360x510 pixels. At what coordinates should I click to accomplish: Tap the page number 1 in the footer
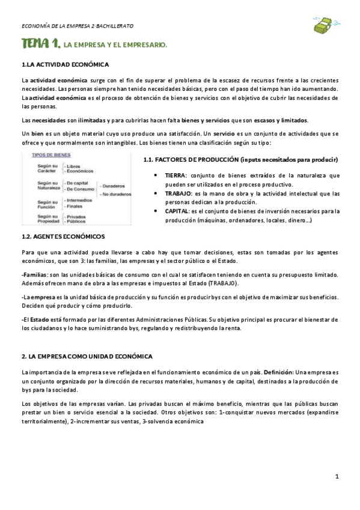[337, 476]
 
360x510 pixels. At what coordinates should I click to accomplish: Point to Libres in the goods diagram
[73, 166]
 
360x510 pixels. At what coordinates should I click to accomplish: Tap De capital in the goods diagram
[78, 182]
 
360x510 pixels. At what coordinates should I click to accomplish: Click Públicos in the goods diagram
[76, 221]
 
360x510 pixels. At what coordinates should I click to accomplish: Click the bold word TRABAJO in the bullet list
[178, 194]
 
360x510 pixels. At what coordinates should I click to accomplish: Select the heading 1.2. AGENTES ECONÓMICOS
[63, 236]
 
